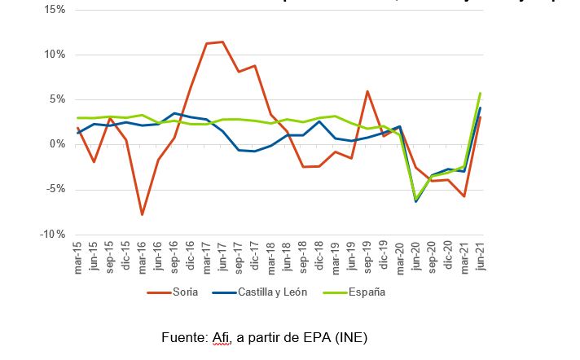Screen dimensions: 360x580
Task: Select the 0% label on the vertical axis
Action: pos(57,144)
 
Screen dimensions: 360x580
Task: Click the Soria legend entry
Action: pos(175,292)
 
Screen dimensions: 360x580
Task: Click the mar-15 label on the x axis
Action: pos(78,258)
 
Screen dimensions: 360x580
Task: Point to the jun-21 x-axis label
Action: pos(481,258)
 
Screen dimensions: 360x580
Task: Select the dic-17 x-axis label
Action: pos(255,258)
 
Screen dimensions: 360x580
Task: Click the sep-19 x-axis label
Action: pos(368,258)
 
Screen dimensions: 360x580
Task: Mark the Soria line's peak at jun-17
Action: pos(222,42)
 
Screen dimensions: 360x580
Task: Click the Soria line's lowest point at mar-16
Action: pos(142,215)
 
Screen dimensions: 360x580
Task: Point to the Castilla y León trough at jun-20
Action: pos(416,201)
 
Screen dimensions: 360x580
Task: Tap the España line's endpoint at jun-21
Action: pos(481,93)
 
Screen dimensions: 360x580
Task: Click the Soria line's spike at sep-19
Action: pos(368,91)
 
